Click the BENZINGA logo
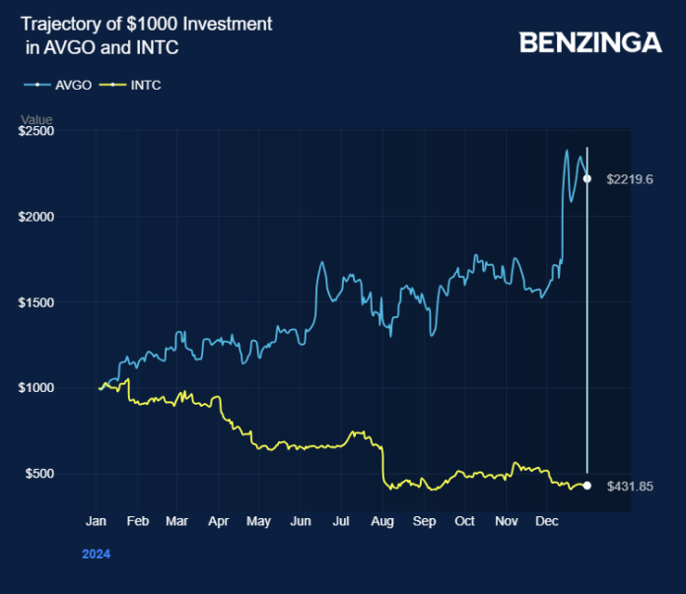tap(590, 42)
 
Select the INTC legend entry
tap(145, 85)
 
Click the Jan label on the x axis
tap(97, 521)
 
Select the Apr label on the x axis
tap(219, 521)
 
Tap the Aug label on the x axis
tap(382, 521)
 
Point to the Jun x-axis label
tap(301, 521)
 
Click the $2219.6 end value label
tap(631, 179)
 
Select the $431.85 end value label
tap(631, 486)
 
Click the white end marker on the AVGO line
tap(587, 179)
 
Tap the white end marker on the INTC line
tap(587, 486)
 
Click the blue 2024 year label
tap(96, 554)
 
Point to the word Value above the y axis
tap(36, 120)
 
